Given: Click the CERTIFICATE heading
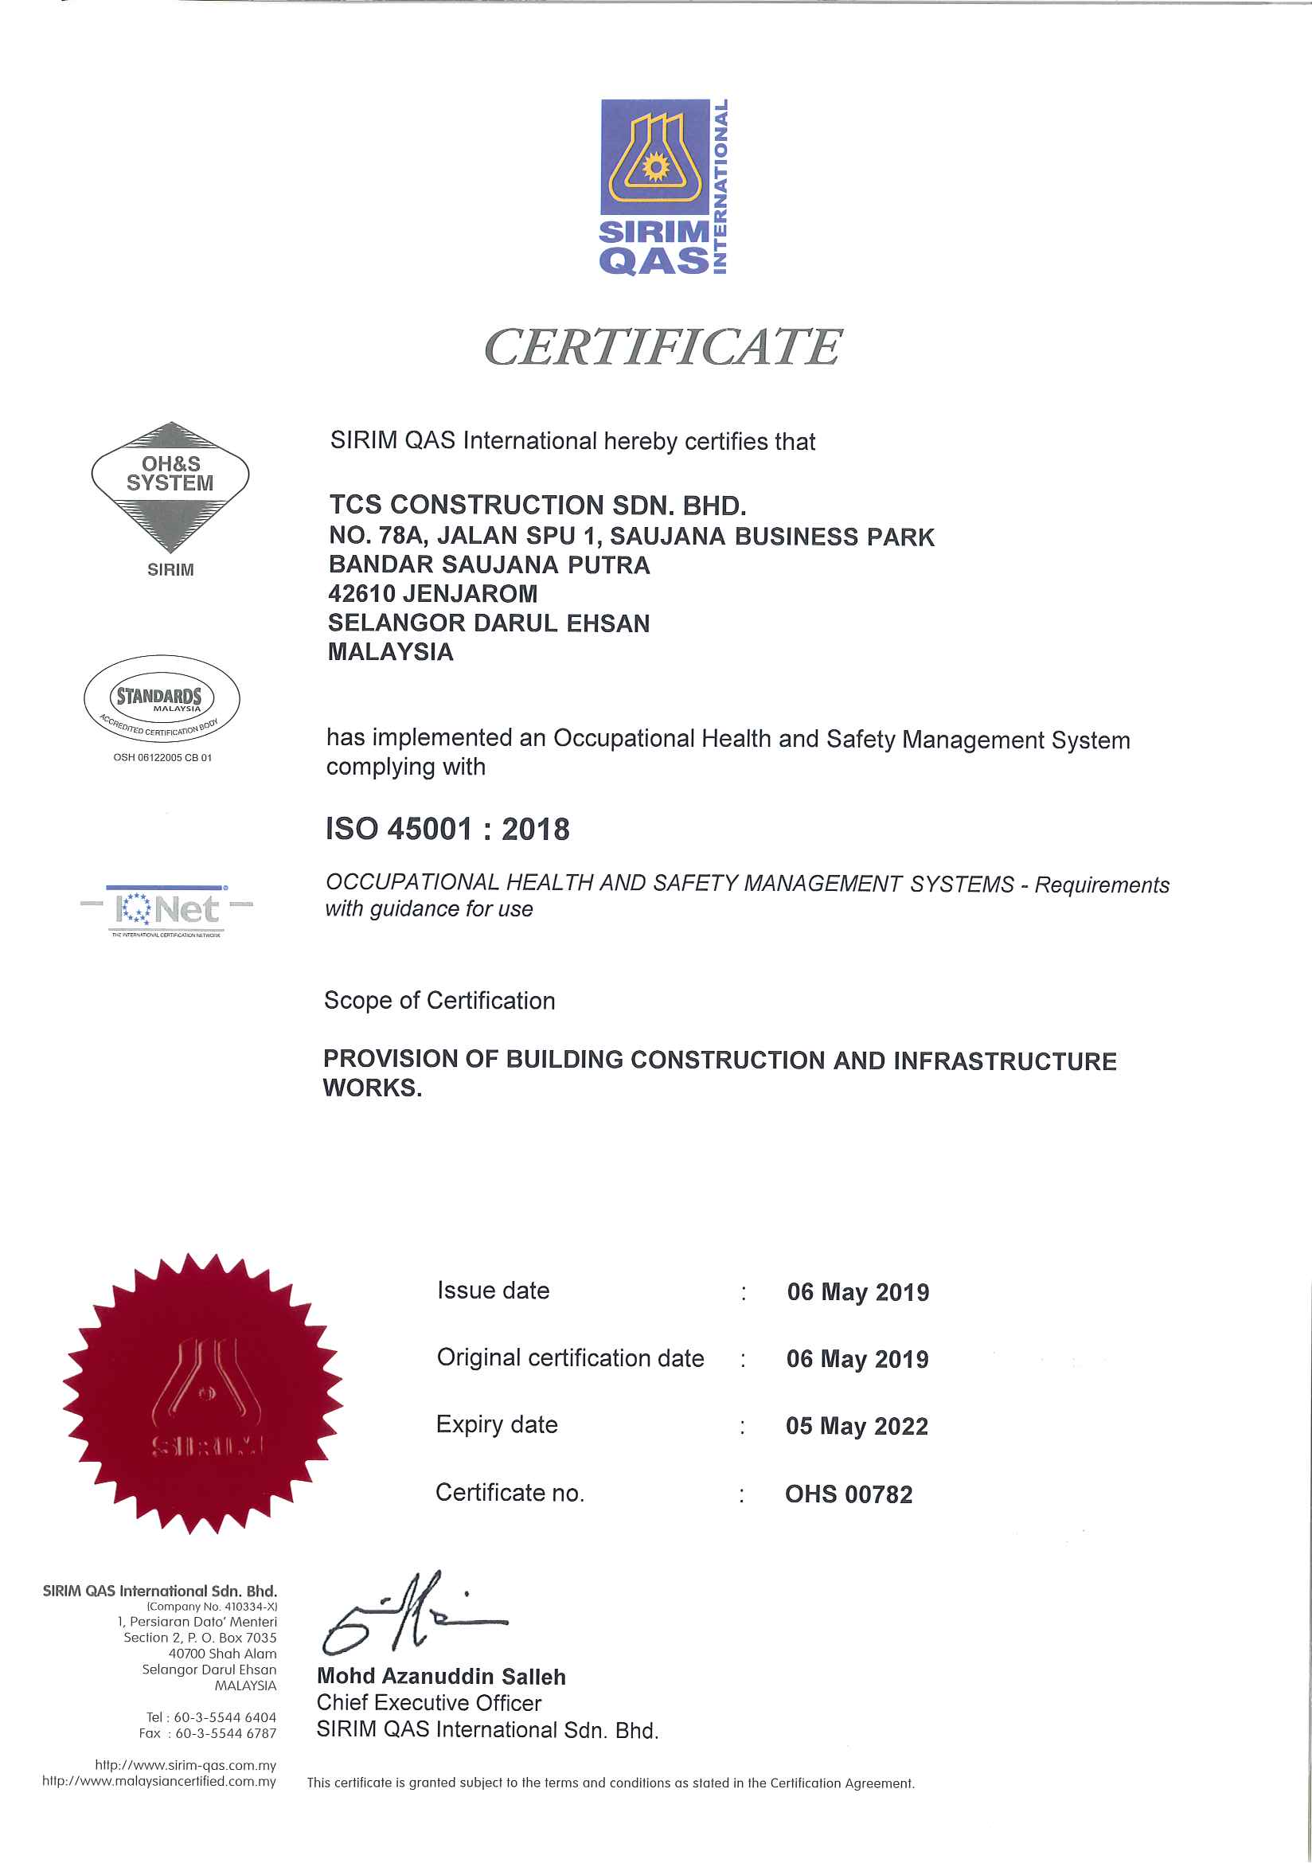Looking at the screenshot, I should tap(662, 347).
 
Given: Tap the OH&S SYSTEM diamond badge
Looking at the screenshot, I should tap(170, 486).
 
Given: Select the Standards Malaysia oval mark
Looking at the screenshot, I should tap(162, 699).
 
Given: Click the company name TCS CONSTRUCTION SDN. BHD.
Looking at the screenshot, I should tap(537, 506).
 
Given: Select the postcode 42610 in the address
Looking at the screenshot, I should tap(362, 594).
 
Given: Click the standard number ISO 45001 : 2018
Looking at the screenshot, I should tap(447, 830).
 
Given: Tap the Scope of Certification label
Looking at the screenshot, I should tap(439, 1001).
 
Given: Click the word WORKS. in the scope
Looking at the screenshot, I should tap(373, 1088).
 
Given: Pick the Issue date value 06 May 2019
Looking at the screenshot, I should tap(857, 1292).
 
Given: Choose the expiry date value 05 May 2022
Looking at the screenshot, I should tap(856, 1426).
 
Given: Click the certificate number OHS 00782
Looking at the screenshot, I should tap(848, 1494).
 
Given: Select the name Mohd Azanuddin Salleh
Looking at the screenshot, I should tap(440, 1677).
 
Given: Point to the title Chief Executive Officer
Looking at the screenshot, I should tap(428, 1703).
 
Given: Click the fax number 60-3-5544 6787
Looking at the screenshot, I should tap(225, 1733).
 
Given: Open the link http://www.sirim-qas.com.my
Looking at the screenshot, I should tap(185, 1765).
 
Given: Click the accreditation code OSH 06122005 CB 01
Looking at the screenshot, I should tap(162, 757).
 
